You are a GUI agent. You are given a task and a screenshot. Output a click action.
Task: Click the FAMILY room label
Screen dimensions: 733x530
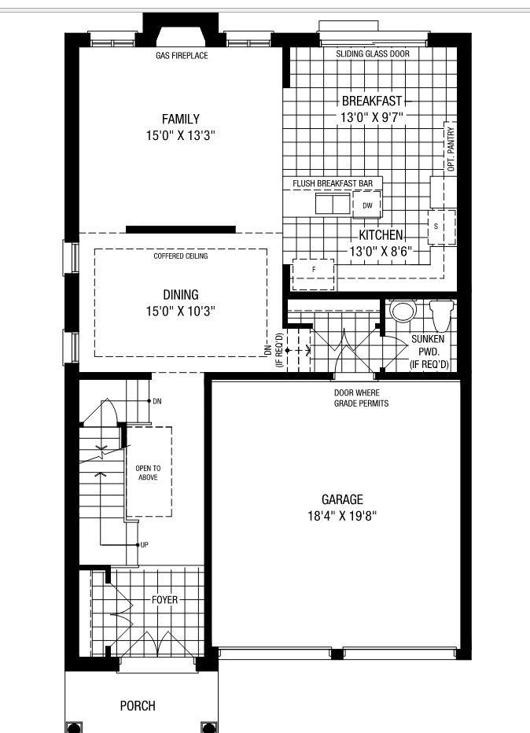click(x=181, y=119)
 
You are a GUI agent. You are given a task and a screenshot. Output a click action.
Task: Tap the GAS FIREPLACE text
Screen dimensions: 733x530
click(x=181, y=56)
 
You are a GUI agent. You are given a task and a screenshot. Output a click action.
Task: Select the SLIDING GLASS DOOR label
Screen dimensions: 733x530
click(x=373, y=55)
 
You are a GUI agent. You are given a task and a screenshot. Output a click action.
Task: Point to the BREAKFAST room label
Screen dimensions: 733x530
click(x=371, y=101)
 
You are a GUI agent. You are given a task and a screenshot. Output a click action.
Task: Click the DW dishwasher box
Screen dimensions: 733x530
click(x=367, y=206)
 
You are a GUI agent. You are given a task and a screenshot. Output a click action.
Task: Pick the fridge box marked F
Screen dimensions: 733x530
click(x=313, y=269)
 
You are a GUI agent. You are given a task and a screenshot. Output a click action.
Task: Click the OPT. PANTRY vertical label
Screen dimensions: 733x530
click(x=451, y=149)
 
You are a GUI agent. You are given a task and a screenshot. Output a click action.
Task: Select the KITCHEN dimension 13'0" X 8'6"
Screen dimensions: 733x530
click(x=381, y=252)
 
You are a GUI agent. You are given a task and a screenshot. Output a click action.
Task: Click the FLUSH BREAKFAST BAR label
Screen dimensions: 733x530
click(x=333, y=183)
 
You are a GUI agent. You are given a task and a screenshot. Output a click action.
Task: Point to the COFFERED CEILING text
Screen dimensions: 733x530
click(x=181, y=256)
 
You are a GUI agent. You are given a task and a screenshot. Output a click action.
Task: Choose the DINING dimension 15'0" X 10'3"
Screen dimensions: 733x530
click(x=181, y=311)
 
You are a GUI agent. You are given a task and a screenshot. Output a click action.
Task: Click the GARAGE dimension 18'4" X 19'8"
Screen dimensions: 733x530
click(x=342, y=517)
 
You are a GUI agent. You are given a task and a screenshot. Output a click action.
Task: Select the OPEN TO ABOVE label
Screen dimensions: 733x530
click(x=149, y=472)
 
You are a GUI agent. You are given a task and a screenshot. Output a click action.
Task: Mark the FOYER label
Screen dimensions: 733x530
click(x=165, y=600)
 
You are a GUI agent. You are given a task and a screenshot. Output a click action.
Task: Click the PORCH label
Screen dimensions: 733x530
click(x=138, y=705)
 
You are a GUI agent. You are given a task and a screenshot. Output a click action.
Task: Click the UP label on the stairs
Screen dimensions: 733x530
click(x=144, y=544)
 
